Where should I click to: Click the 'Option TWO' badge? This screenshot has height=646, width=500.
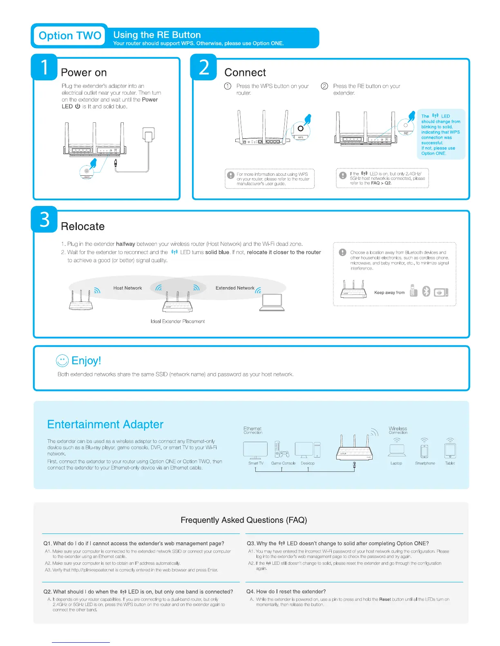tap(69, 36)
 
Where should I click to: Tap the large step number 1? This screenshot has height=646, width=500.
tap(45, 67)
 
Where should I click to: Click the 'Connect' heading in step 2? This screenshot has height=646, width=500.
tap(245, 73)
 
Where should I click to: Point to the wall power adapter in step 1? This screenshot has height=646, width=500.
tap(148, 135)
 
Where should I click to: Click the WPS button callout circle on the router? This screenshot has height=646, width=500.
tap(301, 129)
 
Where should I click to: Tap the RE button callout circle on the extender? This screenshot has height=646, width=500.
tap(406, 126)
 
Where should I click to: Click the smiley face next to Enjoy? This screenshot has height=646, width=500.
tap(62, 361)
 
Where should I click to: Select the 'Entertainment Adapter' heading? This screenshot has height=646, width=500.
tap(105, 425)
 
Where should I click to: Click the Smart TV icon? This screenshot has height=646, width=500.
tap(255, 450)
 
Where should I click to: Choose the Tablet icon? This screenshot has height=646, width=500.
tap(450, 450)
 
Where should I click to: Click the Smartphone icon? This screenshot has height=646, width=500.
tap(425, 451)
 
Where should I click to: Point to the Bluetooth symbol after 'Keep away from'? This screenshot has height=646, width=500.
tap(426, 291)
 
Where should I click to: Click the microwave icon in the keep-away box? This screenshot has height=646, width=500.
tap(441, 292)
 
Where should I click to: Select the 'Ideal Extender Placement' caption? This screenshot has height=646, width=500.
tap(178, 321)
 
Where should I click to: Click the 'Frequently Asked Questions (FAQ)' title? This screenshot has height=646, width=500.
tap(244, 520)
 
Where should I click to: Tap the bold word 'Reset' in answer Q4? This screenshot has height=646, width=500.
tap(385, 600)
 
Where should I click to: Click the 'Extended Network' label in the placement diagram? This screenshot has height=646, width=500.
tap(235, 288)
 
